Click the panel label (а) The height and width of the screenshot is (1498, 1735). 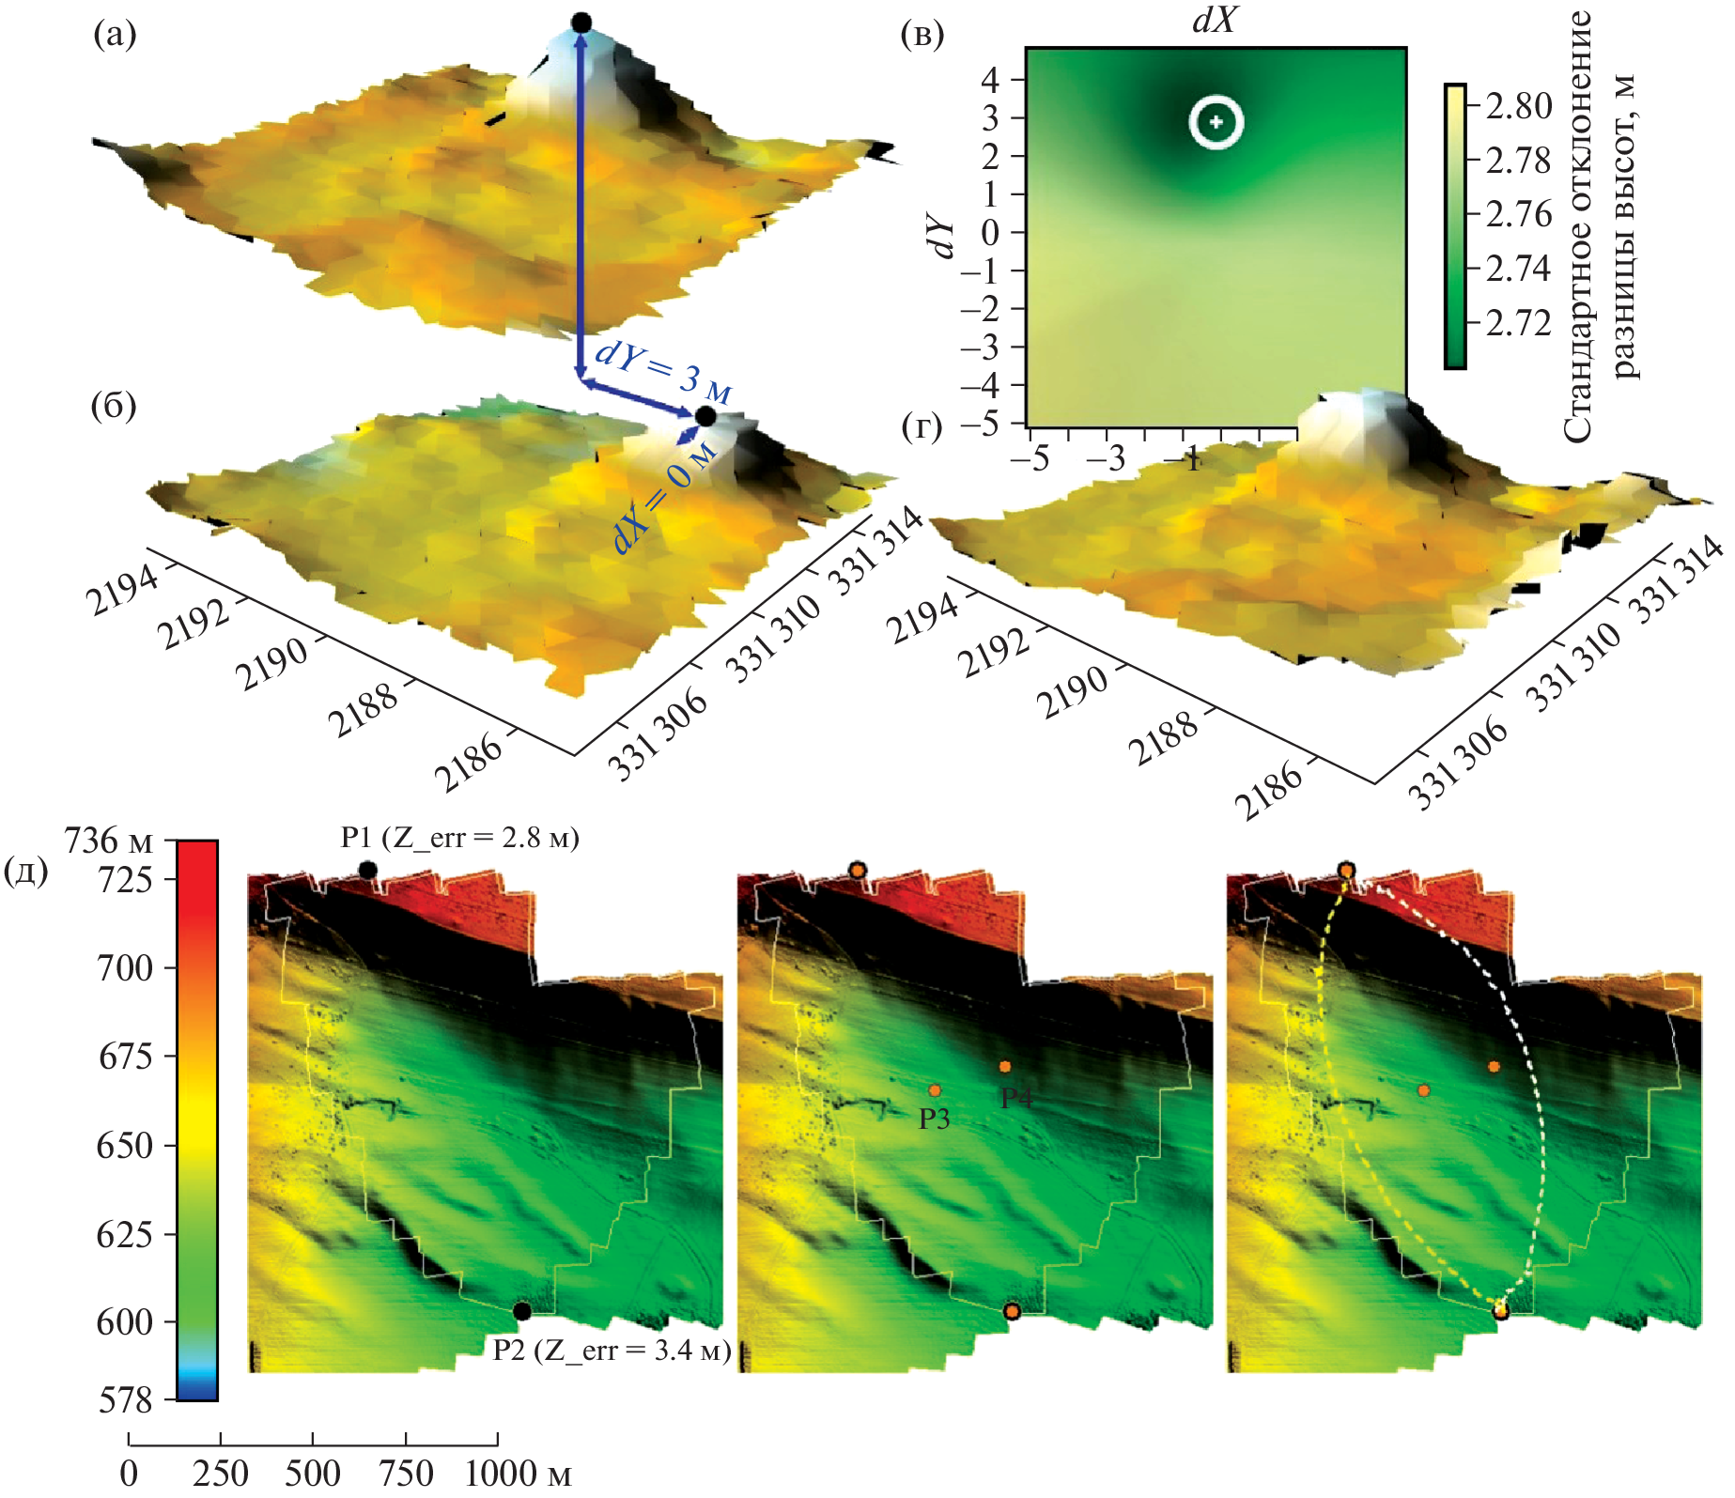click(x=115, y=36)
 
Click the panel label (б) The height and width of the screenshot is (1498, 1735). click(x=115, y=406)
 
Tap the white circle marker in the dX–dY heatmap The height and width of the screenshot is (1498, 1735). click(x=1216, y=122)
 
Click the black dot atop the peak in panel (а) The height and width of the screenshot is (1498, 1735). click(x=581, y=23)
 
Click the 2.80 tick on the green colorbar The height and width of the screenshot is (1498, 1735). click(x=1518, y=106)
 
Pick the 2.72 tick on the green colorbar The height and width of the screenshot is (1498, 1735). click(x=1518, y=323)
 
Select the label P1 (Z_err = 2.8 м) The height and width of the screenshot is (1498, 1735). click(x=459, y=837)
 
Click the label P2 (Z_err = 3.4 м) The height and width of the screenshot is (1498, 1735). click(x=612, y=1350)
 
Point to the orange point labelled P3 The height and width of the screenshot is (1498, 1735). click(x=935, y=1090)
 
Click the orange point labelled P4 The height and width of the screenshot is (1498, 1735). click(x=1005, y=1067)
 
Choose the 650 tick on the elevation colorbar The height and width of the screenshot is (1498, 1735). click(x=124, y=1146)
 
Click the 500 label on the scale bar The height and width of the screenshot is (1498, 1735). click(x=312, y=1473)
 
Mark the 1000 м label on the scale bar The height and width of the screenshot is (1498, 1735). click(x=518, y=1473)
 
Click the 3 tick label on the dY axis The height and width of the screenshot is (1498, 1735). click(x=990, y=118)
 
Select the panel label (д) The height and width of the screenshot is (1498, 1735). click(x=26, y=872)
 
